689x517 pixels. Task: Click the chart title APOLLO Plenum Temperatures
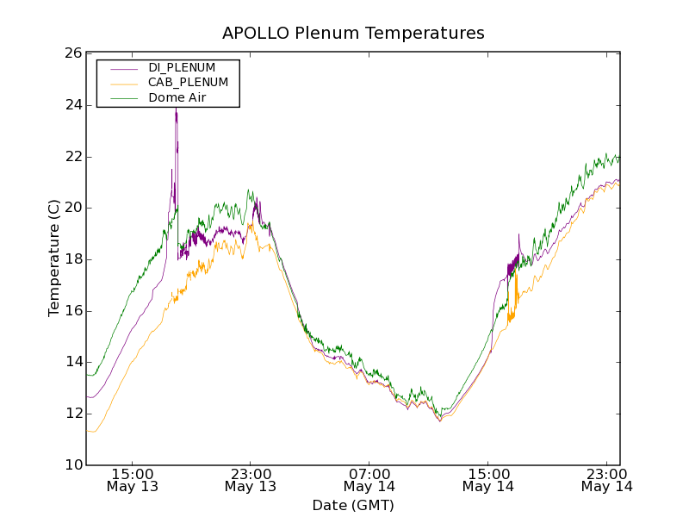(x=353, y=34)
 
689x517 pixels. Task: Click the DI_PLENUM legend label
(x=182, y=67)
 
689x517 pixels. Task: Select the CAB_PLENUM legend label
(x=188, y=83)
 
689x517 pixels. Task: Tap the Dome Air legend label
(x=177, y=98)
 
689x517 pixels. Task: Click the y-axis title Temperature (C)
(x=54, y=258)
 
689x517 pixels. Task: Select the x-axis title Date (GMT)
(x=353, y=505)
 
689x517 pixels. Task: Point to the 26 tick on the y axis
(x=73, y=53)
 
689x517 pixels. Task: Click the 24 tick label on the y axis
(x=73, y=105)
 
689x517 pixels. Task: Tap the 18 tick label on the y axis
(x=73, y=259)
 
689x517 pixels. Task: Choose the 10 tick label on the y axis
(x=73, y=465)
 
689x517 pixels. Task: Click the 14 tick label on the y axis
(x=73, y=362)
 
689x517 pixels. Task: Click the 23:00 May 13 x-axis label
(x=251, y=480)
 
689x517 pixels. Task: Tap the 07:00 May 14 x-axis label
(x=369, y=480)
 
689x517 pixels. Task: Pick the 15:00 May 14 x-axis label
(x=488, y=480)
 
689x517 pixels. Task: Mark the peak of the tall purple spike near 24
(x=176, y=109)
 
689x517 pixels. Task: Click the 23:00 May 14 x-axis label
(x=606, y=480)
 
